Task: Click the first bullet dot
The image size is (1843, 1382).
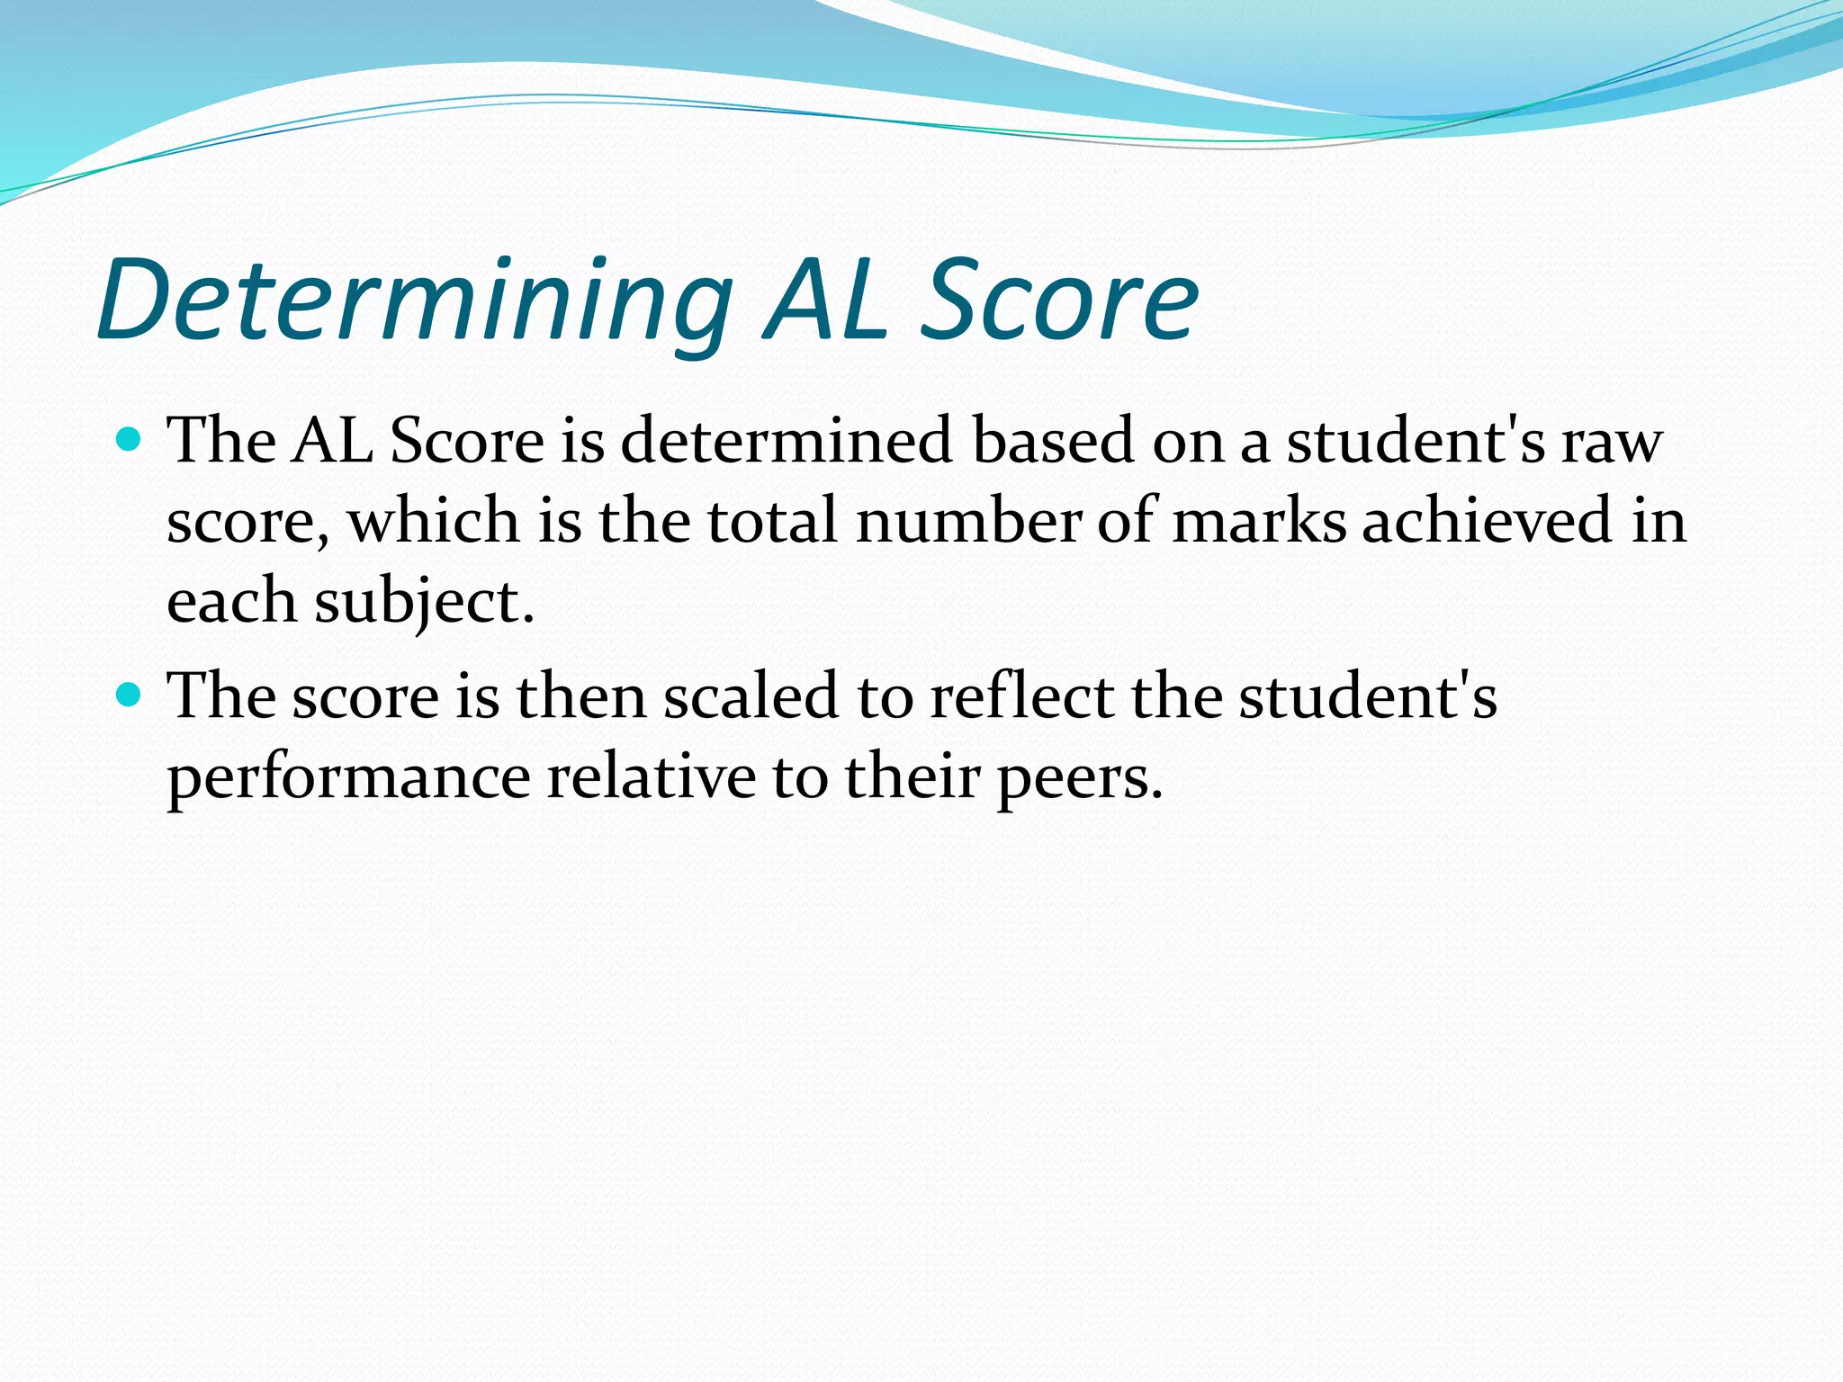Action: point(130,440)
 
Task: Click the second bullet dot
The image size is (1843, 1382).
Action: point(130,695)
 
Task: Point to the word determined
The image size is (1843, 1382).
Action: point(786,441)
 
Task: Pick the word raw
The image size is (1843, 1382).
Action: point(1612,443)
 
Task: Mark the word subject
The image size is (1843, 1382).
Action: point(423,601)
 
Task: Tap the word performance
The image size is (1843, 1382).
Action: point(349,776)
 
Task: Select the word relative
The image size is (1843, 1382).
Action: point(652,776)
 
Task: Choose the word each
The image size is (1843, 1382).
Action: point(231,601)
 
